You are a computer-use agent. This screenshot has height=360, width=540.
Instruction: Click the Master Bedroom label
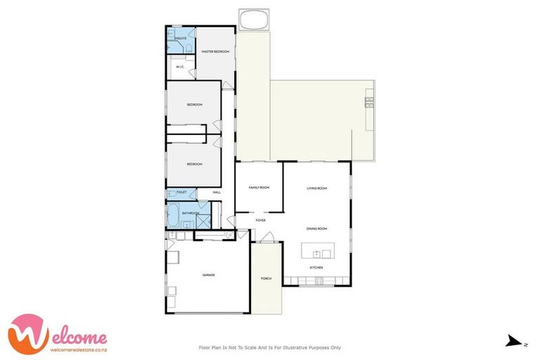point(215,51)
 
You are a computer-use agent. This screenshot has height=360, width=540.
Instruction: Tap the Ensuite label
point(181,37)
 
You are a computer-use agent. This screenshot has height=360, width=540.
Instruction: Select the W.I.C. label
point(180,67)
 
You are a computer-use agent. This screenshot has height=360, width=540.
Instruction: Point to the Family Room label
point(259,188)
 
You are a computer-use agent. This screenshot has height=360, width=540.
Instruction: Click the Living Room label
point(316,188)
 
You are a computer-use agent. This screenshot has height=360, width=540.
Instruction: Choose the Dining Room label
point(316,229)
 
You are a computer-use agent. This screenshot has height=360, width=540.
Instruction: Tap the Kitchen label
point(316,268)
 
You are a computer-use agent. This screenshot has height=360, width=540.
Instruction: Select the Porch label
point(266,278)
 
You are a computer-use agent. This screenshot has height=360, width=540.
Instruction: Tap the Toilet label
point(181,192)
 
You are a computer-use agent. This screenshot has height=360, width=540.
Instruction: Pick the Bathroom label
point(191,213)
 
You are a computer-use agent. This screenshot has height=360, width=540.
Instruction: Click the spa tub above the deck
point(253,20)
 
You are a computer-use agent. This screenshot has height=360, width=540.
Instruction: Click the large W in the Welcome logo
point(31,333)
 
